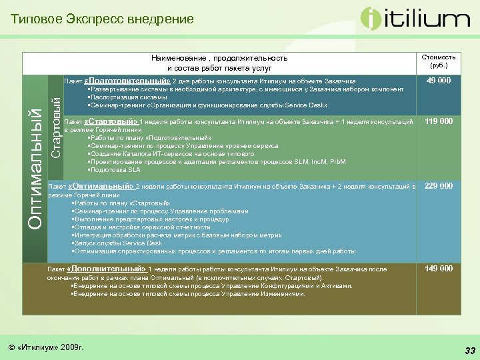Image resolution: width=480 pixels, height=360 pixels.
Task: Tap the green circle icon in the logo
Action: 372,19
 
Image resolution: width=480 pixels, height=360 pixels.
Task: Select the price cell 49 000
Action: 439,81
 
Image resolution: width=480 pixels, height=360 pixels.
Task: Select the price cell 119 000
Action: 439,121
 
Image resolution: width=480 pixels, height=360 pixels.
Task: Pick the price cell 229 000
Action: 439,185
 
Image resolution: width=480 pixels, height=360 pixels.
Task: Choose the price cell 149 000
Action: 439,268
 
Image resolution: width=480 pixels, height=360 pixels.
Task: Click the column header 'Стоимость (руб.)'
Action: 439,61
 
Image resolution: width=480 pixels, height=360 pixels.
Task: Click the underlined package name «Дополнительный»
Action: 107,269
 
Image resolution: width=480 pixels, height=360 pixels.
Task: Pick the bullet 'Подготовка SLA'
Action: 112,170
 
